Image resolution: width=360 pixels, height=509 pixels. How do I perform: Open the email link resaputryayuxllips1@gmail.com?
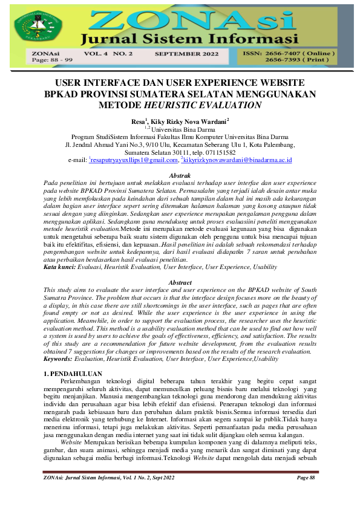128,161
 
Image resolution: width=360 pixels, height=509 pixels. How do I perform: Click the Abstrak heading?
180,174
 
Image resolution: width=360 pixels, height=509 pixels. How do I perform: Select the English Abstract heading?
180,283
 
